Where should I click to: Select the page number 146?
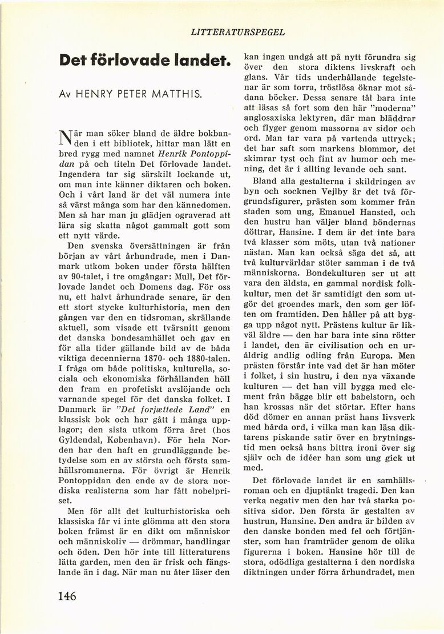[67, 596]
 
